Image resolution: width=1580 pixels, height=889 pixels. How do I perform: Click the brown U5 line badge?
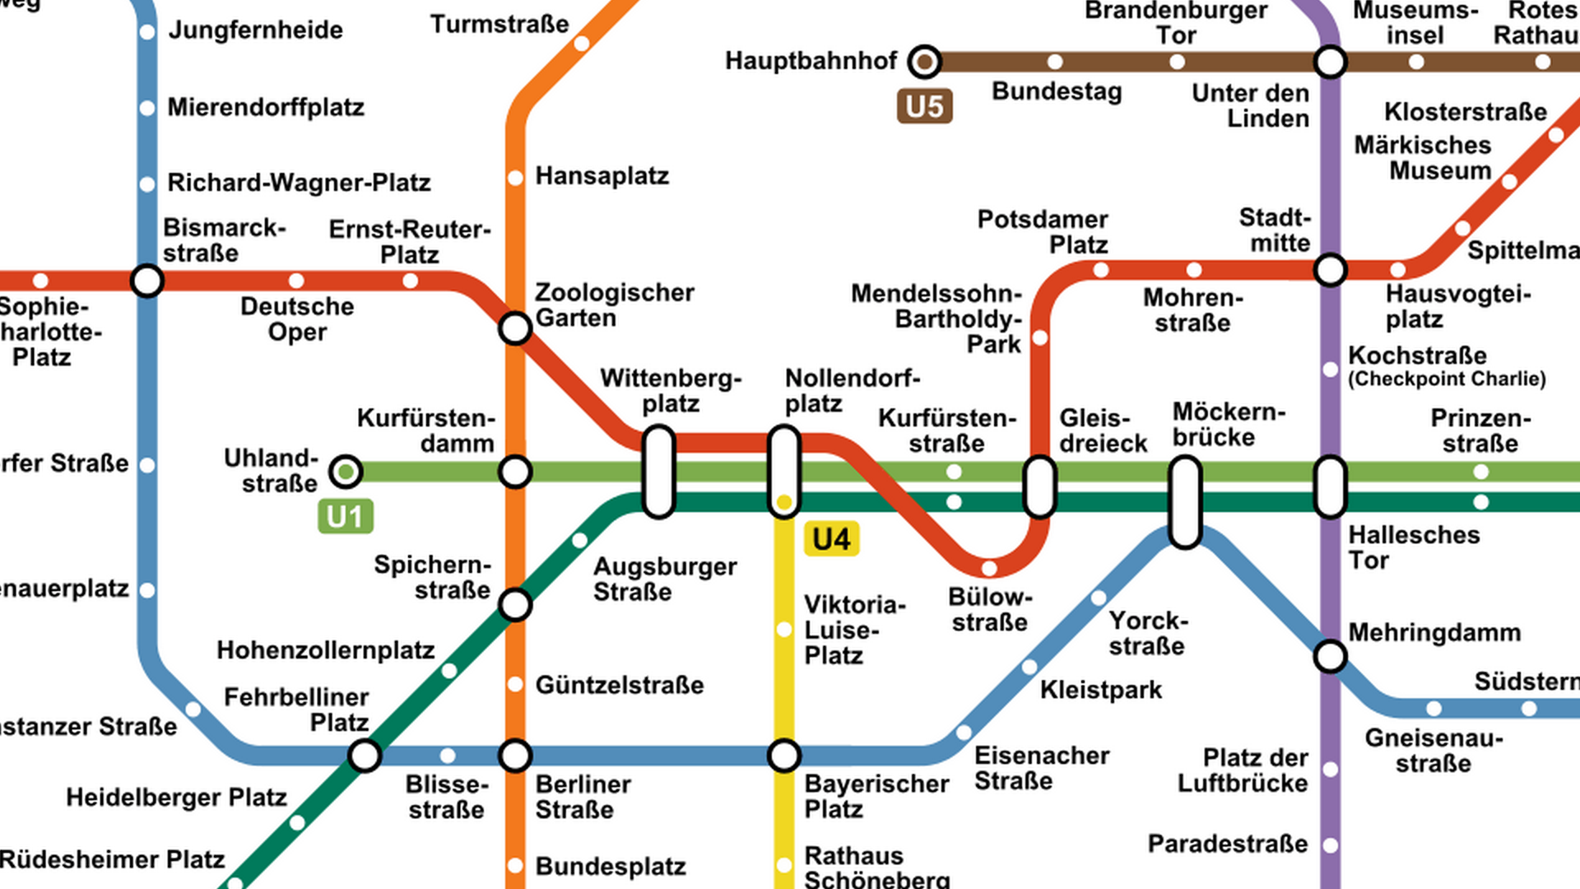point(924,106)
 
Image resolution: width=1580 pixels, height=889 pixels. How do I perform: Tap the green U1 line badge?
point(345,516)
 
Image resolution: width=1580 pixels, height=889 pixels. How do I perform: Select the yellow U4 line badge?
point(831,539)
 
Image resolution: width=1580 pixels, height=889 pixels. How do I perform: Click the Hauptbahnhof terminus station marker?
point(924,62)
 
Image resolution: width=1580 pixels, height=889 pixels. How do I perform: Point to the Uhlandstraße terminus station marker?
point(346,472)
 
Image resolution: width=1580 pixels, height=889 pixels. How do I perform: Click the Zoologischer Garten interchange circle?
point(515,328)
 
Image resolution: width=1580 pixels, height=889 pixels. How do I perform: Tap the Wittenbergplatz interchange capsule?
point(658,472)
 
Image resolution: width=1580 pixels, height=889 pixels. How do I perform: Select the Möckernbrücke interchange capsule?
point(1185,502)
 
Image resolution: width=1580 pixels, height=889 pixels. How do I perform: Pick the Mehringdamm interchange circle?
point(1330,657)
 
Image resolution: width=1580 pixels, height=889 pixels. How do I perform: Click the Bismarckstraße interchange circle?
point(147,281)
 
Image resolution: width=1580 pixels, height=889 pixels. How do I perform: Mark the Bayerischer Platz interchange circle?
point(784,755)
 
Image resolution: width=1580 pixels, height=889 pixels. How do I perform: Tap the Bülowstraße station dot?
point(989,568)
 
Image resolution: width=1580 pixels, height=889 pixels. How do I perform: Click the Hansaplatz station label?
point(602,176)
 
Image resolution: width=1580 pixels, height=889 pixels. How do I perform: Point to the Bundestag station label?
point(1057,91)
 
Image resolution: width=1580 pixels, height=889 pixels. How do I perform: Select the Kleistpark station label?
point(1100,690)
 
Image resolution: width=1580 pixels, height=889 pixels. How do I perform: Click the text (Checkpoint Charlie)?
point(1447,379)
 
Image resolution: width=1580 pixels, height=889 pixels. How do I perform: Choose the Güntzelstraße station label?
point(619,685)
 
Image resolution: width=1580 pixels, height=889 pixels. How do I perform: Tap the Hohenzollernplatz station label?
point(325,650)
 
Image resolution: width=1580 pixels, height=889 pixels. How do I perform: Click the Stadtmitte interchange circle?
point(1330,270)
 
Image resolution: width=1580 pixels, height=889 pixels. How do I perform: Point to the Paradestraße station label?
point(1227,844)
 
